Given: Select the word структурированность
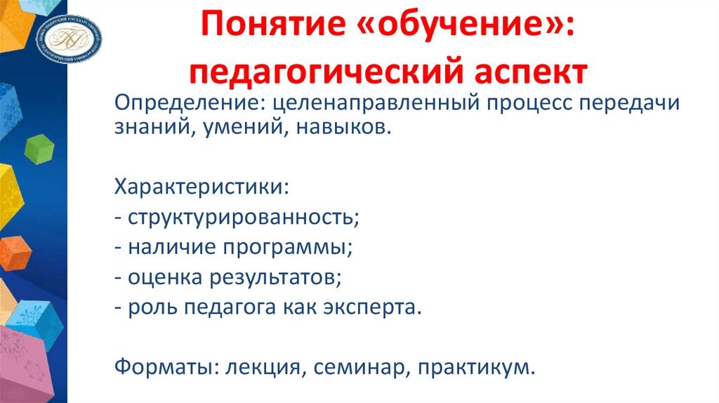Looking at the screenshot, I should pos(243,218).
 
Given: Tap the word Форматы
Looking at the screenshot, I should pos(155,366).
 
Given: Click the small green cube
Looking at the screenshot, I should pos(39,148).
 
